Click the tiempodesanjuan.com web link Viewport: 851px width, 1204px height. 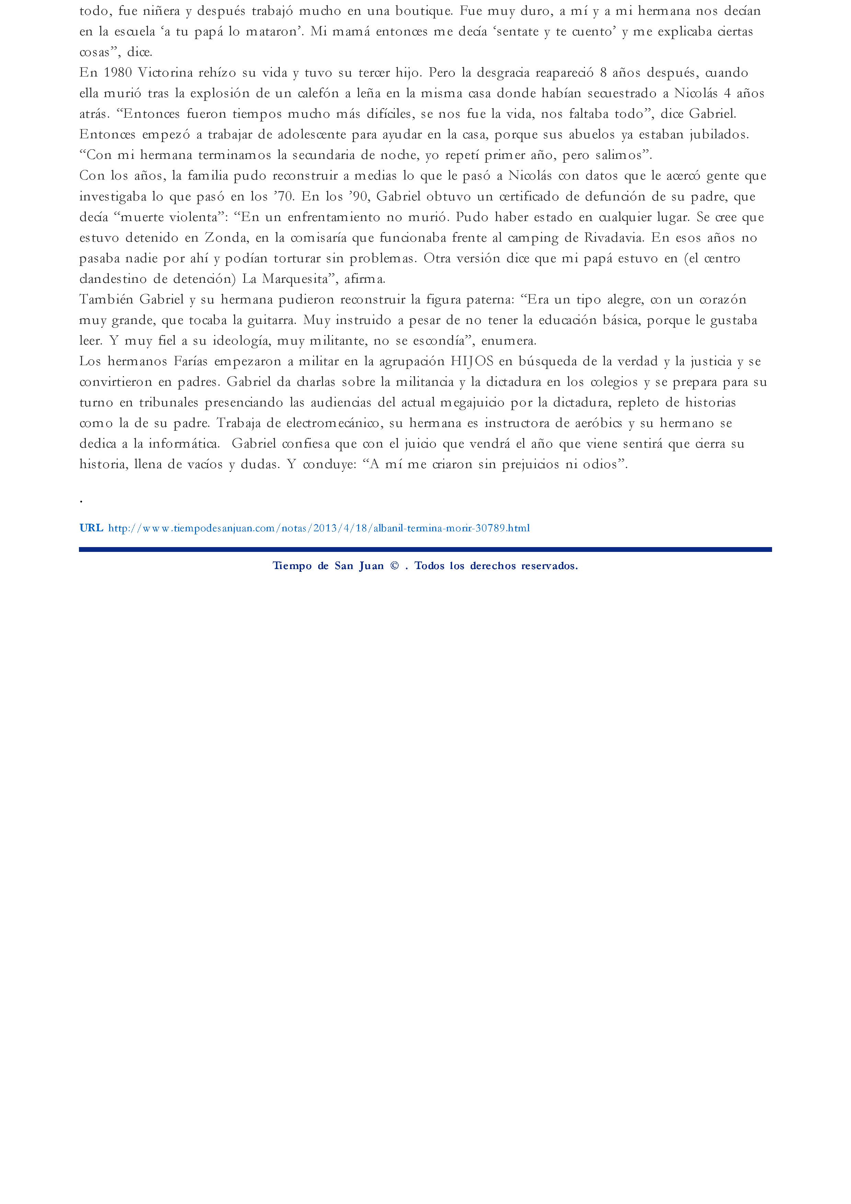pyautogui.click(x=319, y=528)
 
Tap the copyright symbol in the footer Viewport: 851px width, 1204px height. pyautogui.click(x=394, y=566)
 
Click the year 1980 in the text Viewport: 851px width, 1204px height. pyautogui.click(x=118, y=73)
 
